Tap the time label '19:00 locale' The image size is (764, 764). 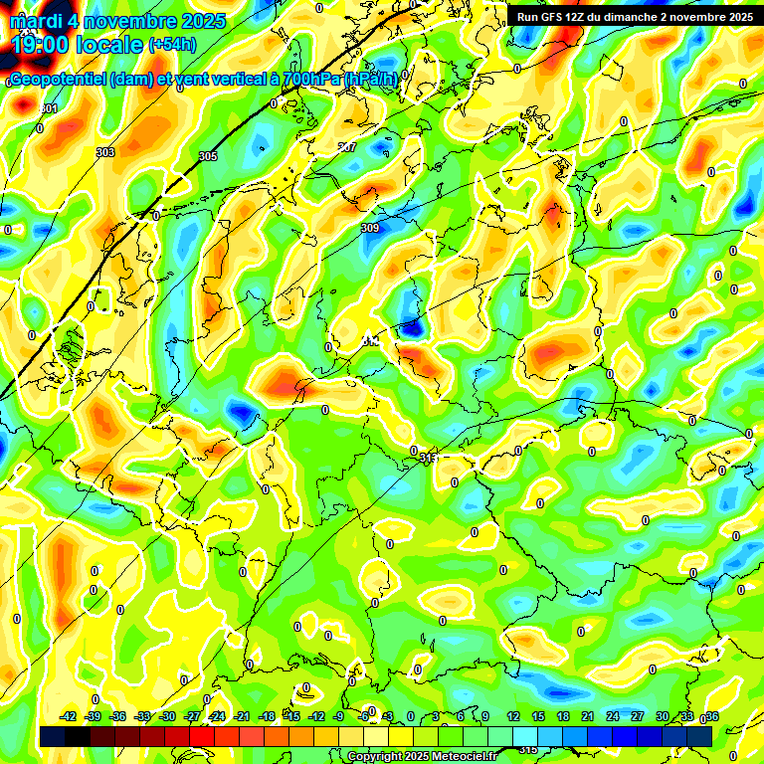pos(78,44)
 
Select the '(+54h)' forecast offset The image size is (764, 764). pos(172,45)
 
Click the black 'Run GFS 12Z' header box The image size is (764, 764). pos(634,17)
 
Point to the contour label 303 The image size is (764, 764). pos(105,152)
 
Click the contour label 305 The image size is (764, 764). pos(207,156)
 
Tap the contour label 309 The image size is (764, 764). pos(370,228)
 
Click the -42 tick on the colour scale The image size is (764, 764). pos(69,716)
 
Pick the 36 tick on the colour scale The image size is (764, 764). pos(712,716)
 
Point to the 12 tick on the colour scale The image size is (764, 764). pos(513,716)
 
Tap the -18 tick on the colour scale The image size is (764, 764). pos(267,716)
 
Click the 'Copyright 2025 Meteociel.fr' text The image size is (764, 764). pos(422,757)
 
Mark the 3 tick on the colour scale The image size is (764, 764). pos(436,716)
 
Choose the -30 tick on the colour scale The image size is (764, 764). pos(168,716)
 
